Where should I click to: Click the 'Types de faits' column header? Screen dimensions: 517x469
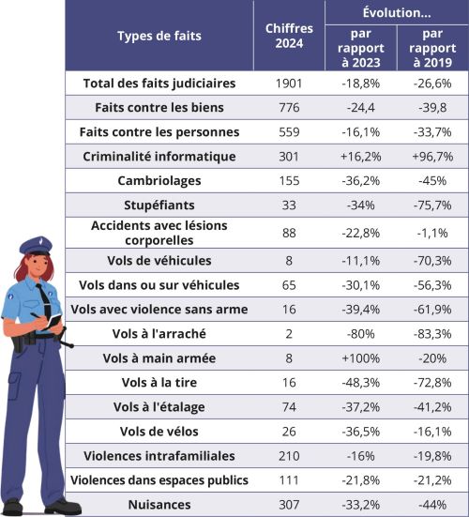[159, 37]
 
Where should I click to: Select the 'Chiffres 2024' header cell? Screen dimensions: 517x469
[289, 37]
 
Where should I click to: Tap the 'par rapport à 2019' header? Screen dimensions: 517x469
[431, 47]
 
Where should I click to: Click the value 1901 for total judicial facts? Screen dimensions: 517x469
[289, 83]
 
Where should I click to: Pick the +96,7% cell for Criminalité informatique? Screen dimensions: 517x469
[431, 156]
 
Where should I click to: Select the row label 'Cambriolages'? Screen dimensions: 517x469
[159, 180]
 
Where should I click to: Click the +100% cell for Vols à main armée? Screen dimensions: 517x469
[360, 357]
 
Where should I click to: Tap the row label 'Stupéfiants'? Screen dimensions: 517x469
[159, 205]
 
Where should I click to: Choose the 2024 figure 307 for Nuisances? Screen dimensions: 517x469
[289, 504]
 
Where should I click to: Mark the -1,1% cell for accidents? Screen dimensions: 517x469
[431, 233]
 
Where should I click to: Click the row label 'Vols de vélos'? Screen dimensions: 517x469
[159, 431]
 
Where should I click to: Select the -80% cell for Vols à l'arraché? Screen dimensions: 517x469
[360, 333]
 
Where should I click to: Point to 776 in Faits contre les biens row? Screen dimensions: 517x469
[289, 107]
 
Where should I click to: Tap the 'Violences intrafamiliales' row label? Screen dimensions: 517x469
[159, 455]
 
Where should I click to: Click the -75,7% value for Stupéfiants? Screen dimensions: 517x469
[431, 205]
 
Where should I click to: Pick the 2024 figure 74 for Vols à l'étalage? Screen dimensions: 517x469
[289, 406]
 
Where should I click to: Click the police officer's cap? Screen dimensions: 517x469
[36, 246]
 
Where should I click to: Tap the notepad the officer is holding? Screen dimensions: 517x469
[55, 323]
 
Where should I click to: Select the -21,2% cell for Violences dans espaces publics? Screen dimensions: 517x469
[431, 479]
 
